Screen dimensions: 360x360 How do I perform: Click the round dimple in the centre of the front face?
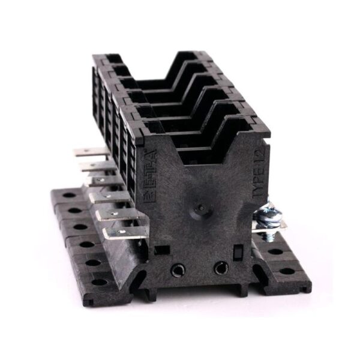coord(200,211)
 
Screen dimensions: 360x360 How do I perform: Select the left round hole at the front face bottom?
coord(178,271)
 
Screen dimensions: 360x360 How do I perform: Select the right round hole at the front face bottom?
coord(221,268)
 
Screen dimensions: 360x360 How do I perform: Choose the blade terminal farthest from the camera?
coord(85,152)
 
